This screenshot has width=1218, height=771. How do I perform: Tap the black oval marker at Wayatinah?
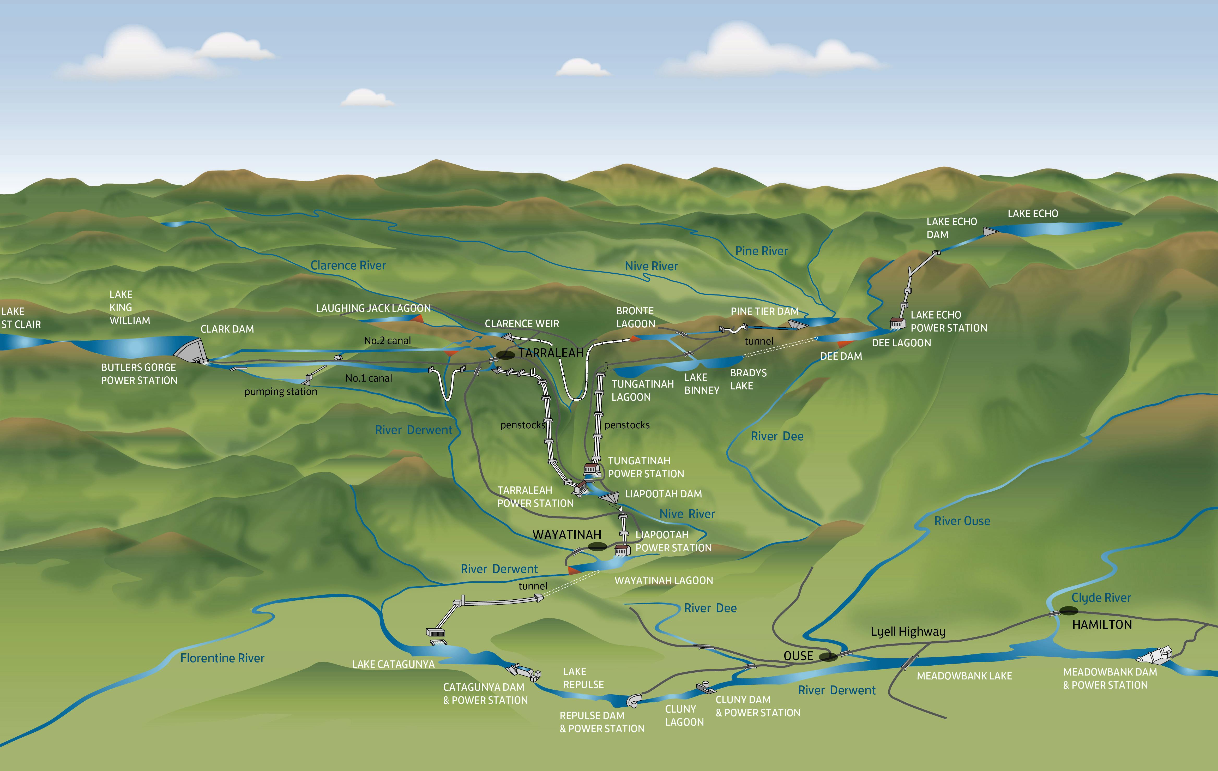597,546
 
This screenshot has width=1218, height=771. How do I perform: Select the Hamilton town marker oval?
1068,611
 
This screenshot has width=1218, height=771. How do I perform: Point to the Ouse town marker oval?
828,657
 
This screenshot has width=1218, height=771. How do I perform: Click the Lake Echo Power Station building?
897,323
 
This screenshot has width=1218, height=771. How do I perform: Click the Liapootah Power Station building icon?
622,550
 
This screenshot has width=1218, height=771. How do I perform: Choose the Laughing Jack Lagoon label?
373,308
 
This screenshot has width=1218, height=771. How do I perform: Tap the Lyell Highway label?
908,631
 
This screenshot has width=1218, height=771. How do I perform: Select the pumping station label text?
281,391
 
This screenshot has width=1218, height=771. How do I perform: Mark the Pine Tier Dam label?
764,311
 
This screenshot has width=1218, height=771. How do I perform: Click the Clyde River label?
1101,598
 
